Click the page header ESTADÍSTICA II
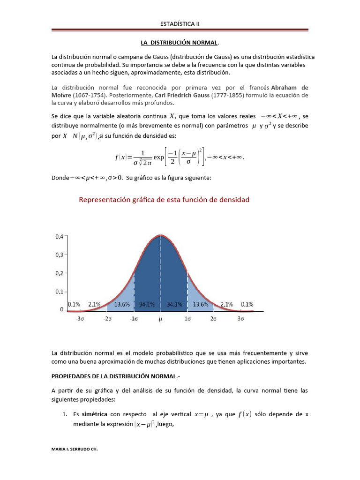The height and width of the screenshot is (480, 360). tap(180, 23)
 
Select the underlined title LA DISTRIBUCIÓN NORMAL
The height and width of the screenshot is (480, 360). tap(179, 43)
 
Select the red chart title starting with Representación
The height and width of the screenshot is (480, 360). tap(164, 200)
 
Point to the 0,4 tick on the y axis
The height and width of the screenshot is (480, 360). tap(59, 237)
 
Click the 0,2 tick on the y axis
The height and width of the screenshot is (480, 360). tap(59, 273)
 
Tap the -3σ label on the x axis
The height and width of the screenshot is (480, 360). tap(81, 319)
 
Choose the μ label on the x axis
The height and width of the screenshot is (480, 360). tap(161, 319)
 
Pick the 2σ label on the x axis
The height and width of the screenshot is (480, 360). tap(213, 319)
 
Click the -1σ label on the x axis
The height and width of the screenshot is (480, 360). tap(134, 319)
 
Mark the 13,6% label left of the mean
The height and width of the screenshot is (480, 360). tap(122, 304)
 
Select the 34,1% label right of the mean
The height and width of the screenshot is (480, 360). tap(174, 304)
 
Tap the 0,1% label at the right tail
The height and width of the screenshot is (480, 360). tap(247, 304)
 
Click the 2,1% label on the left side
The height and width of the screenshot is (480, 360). tap(94, 304)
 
